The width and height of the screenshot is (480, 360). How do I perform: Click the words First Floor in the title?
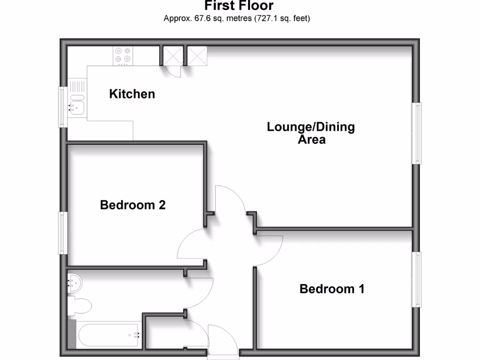tap(239, 6)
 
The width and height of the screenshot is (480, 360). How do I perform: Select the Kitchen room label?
tap(132, 94)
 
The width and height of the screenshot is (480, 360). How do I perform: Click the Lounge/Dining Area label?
tap(311, 133)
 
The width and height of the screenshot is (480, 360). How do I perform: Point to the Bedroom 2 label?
tap(133, 205)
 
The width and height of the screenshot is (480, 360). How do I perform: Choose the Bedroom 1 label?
tap(332, 289)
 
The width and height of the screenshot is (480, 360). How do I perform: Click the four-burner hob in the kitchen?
tap(123, 55)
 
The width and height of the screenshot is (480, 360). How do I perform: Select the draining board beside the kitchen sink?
tap(76, 86)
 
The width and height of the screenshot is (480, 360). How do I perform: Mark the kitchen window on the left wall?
tap(62, 107)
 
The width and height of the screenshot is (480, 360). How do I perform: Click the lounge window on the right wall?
tap(416, 133)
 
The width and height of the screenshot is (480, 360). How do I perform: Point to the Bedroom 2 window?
tap(62, 233)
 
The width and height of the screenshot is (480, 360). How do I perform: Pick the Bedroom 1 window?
tap(416, 279)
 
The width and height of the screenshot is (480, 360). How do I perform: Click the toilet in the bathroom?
tap(80, 306)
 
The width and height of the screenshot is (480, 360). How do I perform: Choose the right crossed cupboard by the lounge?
tap(196, 56)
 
